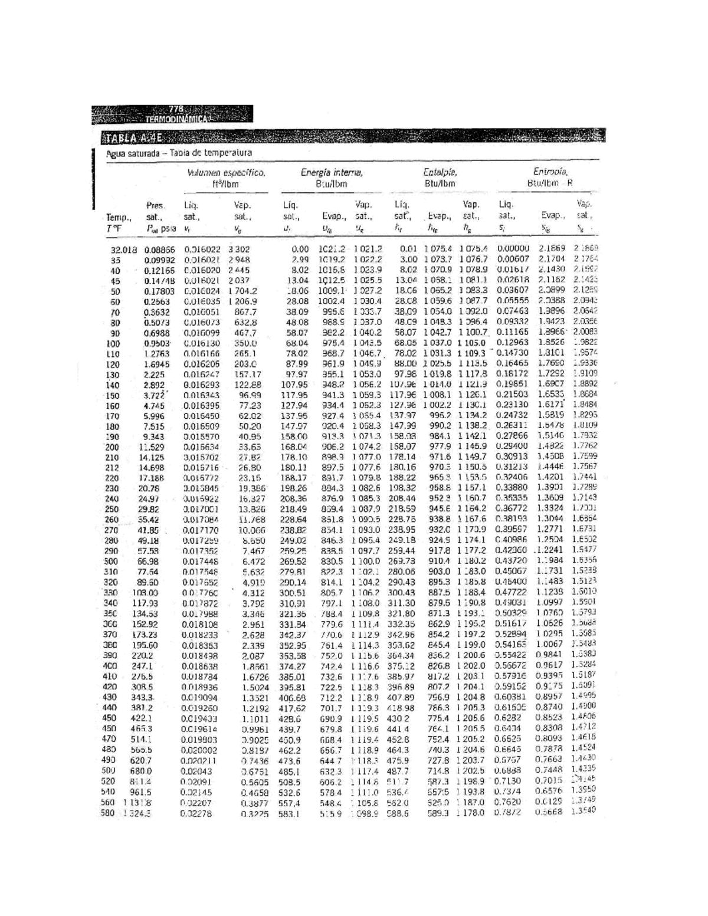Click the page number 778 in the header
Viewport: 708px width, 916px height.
[x=176, y=110]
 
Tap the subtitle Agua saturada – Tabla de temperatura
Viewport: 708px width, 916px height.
[x=179, y=153]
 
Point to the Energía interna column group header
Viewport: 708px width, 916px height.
[x=331, y=173]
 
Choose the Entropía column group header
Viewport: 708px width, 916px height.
[x=550, y=172]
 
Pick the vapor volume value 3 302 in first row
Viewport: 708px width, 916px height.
[x=240, y=249]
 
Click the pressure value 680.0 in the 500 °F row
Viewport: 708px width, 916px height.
[x=141, y=770]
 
